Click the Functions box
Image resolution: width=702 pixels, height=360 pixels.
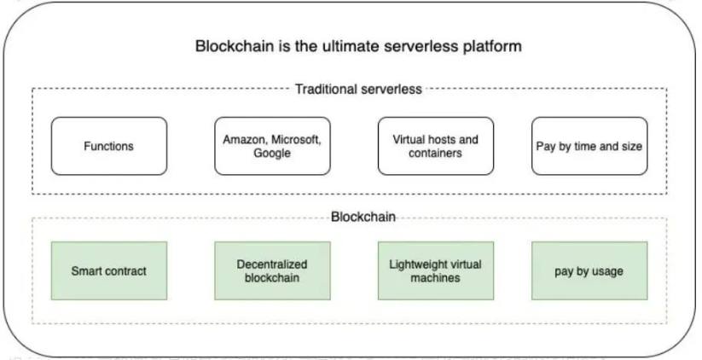click(x=109, y=146)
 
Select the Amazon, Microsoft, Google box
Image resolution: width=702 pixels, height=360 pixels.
click(x=272, y=146)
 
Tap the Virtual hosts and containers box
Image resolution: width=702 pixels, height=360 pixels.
click(x=436, y=146)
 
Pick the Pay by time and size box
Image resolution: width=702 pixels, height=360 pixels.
click(x=589, y=146)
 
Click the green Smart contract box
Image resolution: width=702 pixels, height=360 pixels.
click(x=109, y=271)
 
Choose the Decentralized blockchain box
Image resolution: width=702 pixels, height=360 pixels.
click(x=272, y=271)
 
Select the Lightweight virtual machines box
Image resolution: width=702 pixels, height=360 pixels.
click(x=436, y=271)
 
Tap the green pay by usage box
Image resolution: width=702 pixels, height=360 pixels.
click(x=589, y=271)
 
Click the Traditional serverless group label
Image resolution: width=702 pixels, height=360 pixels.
click(x=358, y=89)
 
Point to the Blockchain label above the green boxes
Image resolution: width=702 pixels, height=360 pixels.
click(x=363, y=218)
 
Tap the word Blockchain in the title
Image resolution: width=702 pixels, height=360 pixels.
click(x=235, y=46)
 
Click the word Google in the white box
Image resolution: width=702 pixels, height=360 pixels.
click(x=272, y=154)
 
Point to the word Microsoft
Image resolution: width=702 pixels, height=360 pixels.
click(x=296, y=140)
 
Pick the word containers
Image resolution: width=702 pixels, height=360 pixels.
click(x=435, y=154)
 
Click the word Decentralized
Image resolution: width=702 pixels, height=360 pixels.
click(x=272, y=264)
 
